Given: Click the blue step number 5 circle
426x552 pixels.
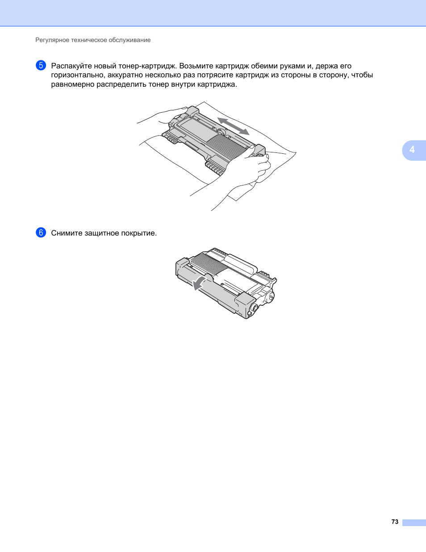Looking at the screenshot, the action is pos(41,66).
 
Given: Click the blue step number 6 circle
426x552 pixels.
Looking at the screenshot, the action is pos(41,233).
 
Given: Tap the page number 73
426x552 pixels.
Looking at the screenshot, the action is pos(395,522).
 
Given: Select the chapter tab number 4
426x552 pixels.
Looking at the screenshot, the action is pos(412,150).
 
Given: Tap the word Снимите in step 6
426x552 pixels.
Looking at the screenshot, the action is pos(67,233).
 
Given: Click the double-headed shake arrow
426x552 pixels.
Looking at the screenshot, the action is pos(233,126).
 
